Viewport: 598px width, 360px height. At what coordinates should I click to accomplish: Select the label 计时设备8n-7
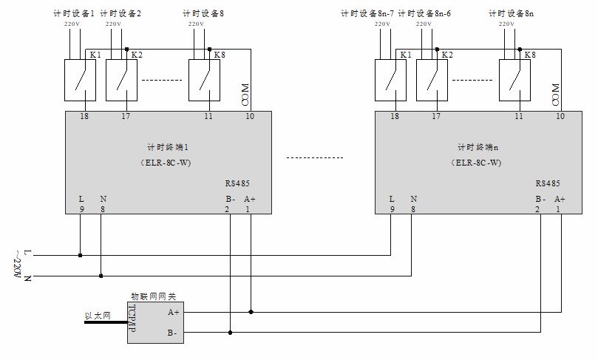pos(367,13)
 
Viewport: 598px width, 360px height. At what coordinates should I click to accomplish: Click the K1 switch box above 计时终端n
pos(390,79)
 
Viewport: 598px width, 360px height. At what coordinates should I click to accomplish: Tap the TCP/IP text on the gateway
pos(134,322)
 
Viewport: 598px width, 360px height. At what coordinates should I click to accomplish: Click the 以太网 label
pos(98,316)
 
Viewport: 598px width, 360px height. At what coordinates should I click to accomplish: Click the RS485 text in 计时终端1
pos(238,183)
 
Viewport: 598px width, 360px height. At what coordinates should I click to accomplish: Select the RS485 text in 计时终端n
pos(548,183)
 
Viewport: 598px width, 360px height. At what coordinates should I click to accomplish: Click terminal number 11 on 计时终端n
pos(519,117)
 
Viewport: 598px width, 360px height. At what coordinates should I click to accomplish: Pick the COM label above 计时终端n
pos(557,95)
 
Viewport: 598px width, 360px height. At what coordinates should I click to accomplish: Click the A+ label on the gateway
pos(173,312)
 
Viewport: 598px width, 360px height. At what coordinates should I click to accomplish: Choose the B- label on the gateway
pos(173,333)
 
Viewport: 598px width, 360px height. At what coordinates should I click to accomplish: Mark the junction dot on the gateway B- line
pos(231,333)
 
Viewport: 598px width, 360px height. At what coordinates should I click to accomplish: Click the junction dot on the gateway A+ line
pos(251,312)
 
